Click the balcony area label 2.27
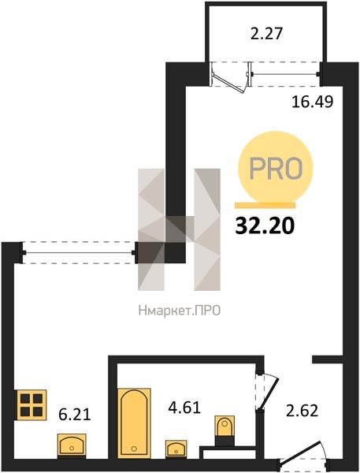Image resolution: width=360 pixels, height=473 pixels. (x=266, y=33)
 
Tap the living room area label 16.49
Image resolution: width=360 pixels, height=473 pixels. (x=313, y=102)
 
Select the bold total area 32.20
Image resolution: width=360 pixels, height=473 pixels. (x=265, y=226)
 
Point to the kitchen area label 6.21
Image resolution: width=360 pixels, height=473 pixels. (x=75, y=415)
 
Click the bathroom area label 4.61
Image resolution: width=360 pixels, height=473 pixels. (x=184, y=408)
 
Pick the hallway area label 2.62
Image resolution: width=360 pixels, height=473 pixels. (x=302, y=411)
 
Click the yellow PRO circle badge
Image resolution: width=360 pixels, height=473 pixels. (x=275, y=168)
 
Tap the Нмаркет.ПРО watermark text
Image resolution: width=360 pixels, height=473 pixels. (x=180, y=311)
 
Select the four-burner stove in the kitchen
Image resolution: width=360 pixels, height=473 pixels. (x=32, y=405)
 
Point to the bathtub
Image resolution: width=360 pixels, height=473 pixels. (x=134, y=423)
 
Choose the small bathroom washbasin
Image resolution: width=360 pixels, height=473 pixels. (x=176, y=449)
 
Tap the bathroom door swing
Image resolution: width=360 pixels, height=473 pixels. (x=269, y=392)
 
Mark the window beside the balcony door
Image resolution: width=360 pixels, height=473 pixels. (x=284, y=74)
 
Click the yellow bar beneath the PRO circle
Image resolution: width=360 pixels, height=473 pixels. (x=265, y=206)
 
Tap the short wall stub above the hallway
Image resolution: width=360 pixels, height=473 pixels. (x=328, y=359)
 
